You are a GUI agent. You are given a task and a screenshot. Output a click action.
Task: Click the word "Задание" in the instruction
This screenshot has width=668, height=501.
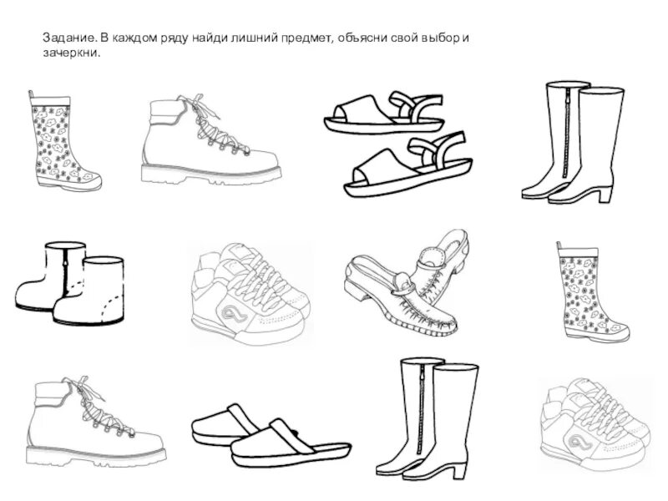coord(68,39)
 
